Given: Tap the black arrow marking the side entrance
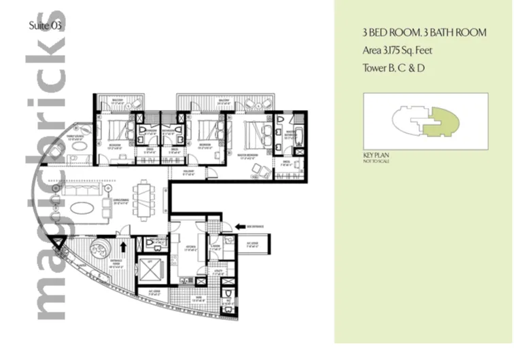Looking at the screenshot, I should tap(240, 228).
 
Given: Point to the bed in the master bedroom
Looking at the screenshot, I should tap(257, 130).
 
